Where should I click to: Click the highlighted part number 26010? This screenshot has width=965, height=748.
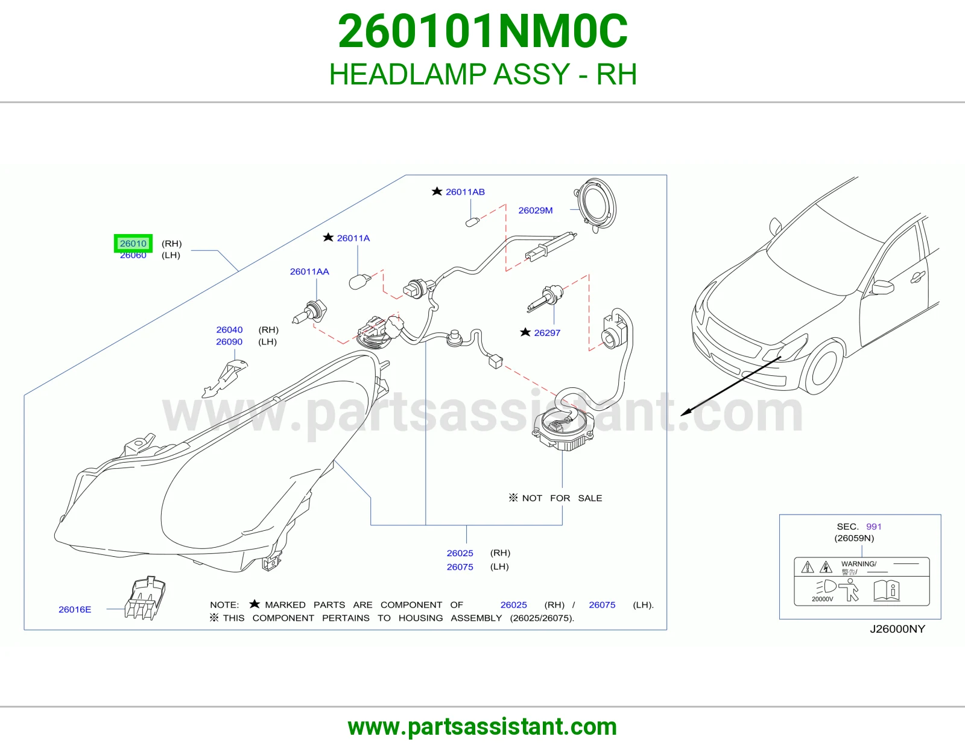click(x=133, y=244)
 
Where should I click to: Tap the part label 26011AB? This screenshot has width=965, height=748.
click(x=465, y=192)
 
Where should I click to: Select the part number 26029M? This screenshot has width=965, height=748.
click(x=535, y=211)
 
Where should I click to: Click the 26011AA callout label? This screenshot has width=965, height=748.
click(x=309, y=271)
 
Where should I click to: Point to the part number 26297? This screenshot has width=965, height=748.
click(x=547, y=333)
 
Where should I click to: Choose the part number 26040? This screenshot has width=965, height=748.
click(x=229, y=329)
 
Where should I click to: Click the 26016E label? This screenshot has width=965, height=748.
click(x=75, y=609)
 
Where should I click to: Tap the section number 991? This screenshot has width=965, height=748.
click(x=873, y=527)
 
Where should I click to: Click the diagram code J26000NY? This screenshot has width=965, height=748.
click(x=897, y=629)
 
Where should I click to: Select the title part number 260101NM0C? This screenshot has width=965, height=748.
click(x=482, y=31)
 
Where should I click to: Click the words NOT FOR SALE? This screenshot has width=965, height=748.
click(x=562, y=498)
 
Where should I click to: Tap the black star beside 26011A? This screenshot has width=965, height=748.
click(x=328, y=237)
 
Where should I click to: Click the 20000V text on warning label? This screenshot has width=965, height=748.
click(x=823, y=599)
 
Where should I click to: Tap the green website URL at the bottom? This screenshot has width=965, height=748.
click(x=482, y=727)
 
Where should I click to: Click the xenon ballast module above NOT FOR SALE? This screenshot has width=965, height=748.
click(x=563, y=429)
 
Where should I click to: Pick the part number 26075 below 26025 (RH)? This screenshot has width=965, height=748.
click(x=460, y=567)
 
